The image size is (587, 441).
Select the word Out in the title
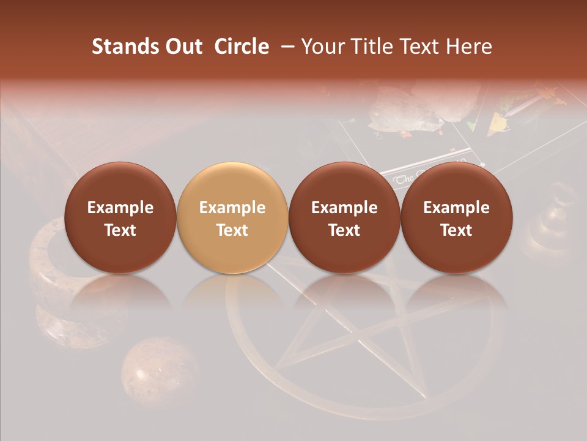click(182, 47)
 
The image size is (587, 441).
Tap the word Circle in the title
click(242, 47)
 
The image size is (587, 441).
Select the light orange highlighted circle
click(232, 217)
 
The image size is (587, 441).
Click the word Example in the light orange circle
click(232, 208)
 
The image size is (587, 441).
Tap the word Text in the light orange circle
click(232, 230)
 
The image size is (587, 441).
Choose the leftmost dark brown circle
click(120, 217)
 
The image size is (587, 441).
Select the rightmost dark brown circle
click(457, 217)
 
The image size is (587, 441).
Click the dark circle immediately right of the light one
click(344, 217)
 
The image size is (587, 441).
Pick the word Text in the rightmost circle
click(457, 230)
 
